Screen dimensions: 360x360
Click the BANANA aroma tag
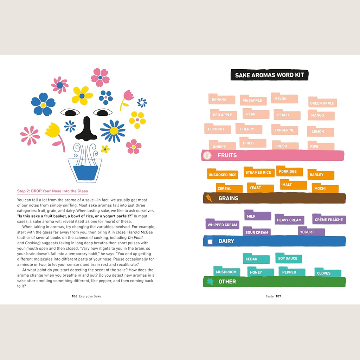(x=222, y=99)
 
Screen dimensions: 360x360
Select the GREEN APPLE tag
(x=322, y=102)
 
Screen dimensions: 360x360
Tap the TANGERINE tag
(x=285, y=129)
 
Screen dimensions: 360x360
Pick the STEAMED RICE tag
(x=259, y=172)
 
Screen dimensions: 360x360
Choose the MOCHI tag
(x=325, y=188)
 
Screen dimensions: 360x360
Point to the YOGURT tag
(x=311, y=231)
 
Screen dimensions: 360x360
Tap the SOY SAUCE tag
(x=289, y=258)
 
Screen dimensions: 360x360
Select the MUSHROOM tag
(x=227, y=271)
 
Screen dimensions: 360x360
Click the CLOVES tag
(x=328, y=272)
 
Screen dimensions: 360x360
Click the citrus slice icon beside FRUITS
(x=207, y=155)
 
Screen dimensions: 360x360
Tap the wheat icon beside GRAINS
(x=209, y=198)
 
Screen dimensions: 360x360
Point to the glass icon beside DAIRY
(x=210, y=241)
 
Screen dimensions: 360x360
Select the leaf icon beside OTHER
(x=210, y=282)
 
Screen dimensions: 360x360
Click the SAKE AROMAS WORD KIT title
(x=269, y=75)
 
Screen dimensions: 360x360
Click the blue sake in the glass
(x=86, y=173)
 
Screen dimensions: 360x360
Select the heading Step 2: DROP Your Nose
(x=52, y=191)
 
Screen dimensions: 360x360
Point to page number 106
(x=75, y=296)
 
